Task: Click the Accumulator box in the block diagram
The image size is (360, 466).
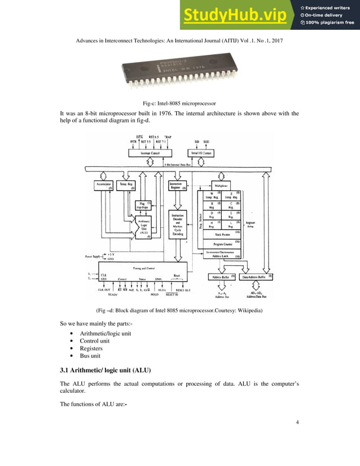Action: coord(102,184)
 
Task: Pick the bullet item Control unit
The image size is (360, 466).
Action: coord(98,341)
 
